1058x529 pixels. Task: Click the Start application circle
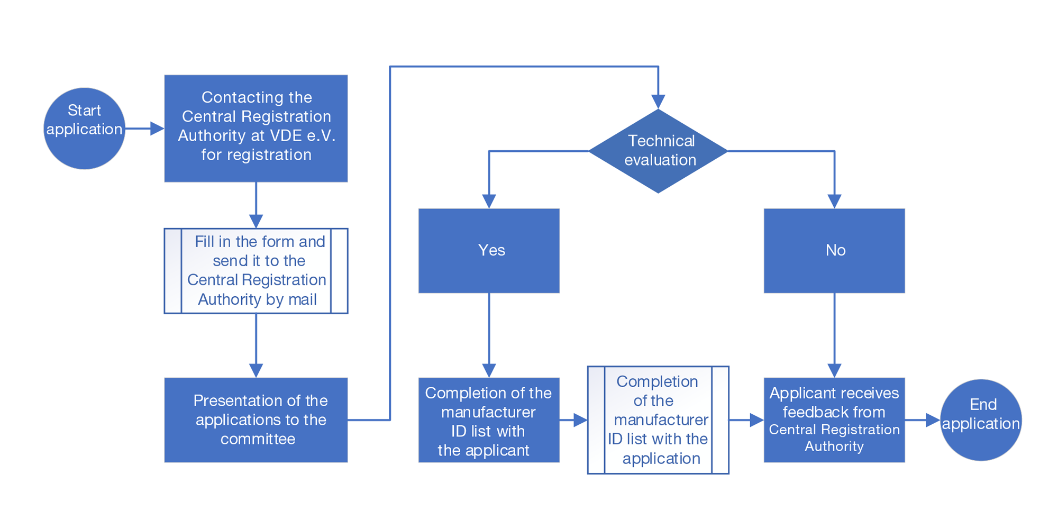(x=84, y=129)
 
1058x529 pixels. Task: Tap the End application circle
(x=981, y=420)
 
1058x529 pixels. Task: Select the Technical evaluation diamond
(x=658, y=151)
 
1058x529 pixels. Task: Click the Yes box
(x=489, y=251)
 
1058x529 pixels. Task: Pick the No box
(x=834, y=251)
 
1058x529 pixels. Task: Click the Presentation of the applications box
(x=256, y=420)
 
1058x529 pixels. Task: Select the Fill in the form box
(x=256, y=271)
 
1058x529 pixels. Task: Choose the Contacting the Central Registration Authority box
(x=256, y=129)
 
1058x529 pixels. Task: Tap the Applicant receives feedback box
(x=834, y=420)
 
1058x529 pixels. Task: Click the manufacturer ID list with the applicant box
(x=489, y=420)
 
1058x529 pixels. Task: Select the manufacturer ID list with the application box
(x=658, y=420)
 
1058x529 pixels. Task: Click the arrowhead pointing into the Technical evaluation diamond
(x=658, y=102)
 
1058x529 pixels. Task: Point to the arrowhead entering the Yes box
(x=489, y=202)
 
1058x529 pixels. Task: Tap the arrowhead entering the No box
(x=834, y=202)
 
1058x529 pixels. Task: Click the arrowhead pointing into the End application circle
(x=933, y=420)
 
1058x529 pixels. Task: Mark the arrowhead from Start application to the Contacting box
(x=158, y=129)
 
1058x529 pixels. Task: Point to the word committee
(x=258, y=439)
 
